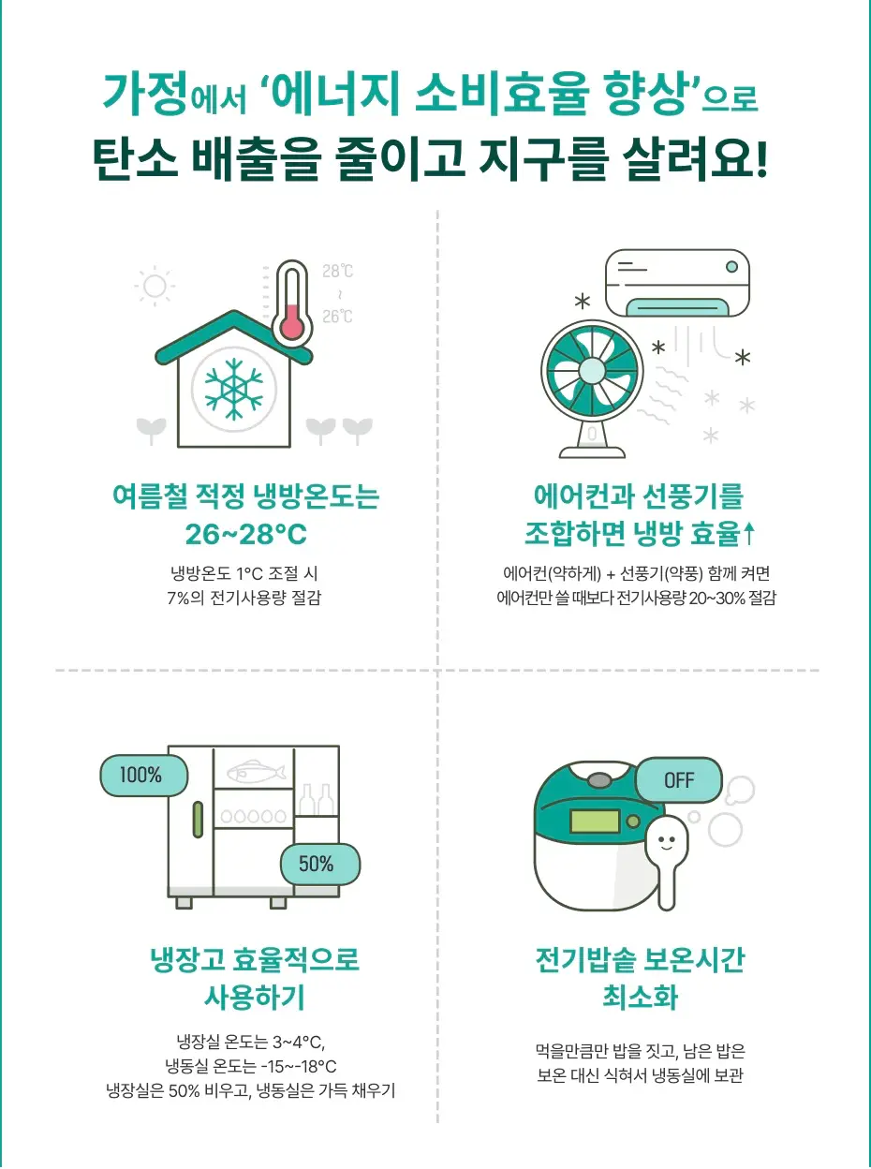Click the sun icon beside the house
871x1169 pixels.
click(x=155, y=286)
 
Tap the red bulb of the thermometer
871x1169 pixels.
click(x=292, y=326)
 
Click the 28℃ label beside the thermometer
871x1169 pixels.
click(x=338, y=272)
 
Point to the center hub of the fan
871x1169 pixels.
click(x=591, y=370)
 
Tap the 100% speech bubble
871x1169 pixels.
click(x=142, y=776)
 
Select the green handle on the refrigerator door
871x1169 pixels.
click(x=198, y=820)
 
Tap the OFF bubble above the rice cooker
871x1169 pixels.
click(x=679, y=780)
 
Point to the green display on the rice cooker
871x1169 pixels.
click(x=594, y=821)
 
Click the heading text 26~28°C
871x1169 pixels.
click(x=245, y=535)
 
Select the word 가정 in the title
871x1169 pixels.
click(x=144, y=95)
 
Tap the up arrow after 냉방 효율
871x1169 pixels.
click(x=749, y=535)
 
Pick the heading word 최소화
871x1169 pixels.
click(x=640, y=997)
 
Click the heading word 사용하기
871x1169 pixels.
click(x=255, y=997)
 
